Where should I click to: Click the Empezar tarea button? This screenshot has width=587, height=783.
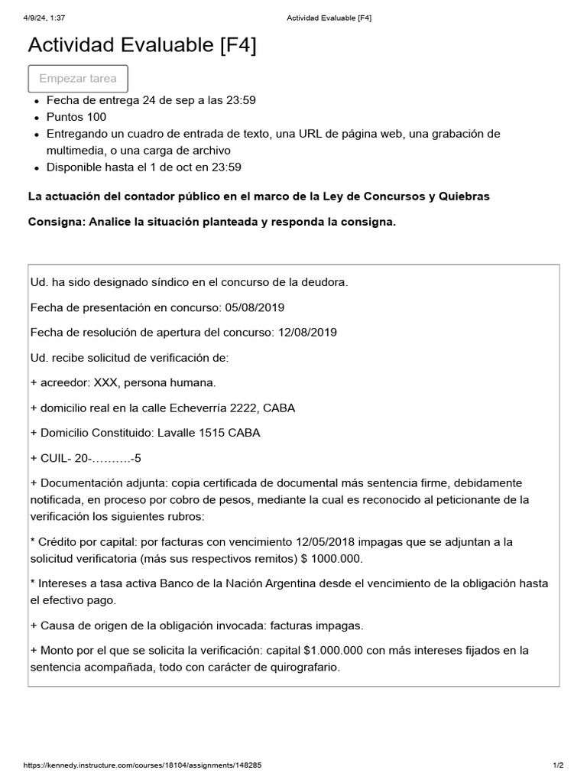78,79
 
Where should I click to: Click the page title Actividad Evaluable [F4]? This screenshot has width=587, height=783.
142,45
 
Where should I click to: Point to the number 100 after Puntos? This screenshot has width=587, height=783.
97,117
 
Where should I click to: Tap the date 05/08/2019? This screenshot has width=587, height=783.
254,307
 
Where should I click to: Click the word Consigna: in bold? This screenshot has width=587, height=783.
56,222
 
